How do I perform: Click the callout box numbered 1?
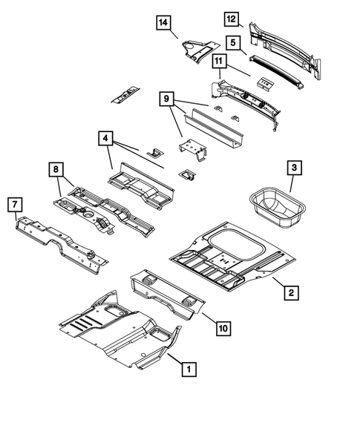pyautogui.click(x=189, y=367)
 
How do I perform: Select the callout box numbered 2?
pyautogui.click(x=291, y=294)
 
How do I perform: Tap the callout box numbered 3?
pyautogui.click(x=295, y=169)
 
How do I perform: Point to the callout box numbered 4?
pyautogui.click(x=106, y=138)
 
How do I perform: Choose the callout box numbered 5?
pyautogui.click(x=232, y=43)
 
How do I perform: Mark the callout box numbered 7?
pyautogui.click(x=13, y=203)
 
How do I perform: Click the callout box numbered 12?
pyautogui.click(x=232, y=19)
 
